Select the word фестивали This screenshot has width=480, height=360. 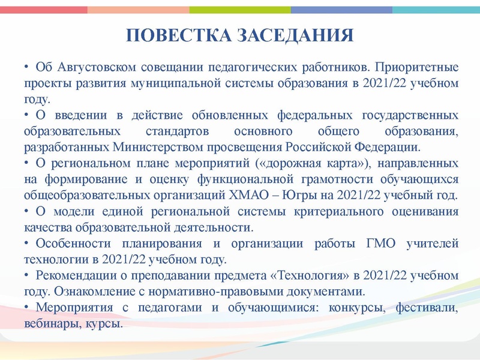pos(427,308)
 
